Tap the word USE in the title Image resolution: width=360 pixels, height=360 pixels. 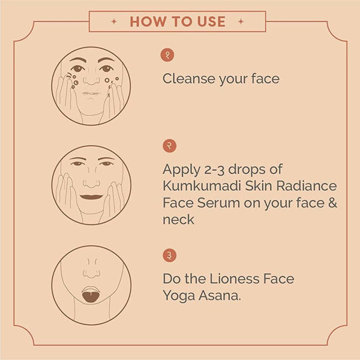pyautogui.click(x=211, y=22)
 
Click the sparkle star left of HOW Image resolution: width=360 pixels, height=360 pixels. pyautogui.click(x=114, y=22)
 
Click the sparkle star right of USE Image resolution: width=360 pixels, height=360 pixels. pyautogui.click(x=241, y=22)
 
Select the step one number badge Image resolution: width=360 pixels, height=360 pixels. pyautogui.click(x=167, y=55)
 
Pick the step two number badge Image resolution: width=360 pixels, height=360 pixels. pyautogui.click(x=169, y=146)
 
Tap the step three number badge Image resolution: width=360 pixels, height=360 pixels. pyautogui.click(x=169, y=256)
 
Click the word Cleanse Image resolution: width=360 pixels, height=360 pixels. pyautogui.click(x=189, y=79)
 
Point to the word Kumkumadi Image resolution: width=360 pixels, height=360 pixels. pyautogui.click(x=202, y=186)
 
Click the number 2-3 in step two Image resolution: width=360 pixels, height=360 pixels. pyautogui.click(x=214, y=169)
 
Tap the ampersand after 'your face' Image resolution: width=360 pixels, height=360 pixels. pyautogui.click(x=332, y=203)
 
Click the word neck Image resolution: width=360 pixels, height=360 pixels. pyautogui.click(x=178, y=220)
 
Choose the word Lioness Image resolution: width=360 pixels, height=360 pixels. pyautogui.click(x=235, y=279)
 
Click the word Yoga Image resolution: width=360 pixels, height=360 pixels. pyautogui.click(x=179, y=296)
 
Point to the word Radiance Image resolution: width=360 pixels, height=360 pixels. pyautogui.click(x=306, y=186)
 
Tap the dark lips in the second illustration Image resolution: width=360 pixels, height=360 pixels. pyautogui.click(x=91, y=197)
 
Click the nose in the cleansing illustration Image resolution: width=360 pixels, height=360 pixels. pyautogui.click(x=91, y=81)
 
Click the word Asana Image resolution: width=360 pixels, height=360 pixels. pyautogui.click(x=220, y=296)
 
